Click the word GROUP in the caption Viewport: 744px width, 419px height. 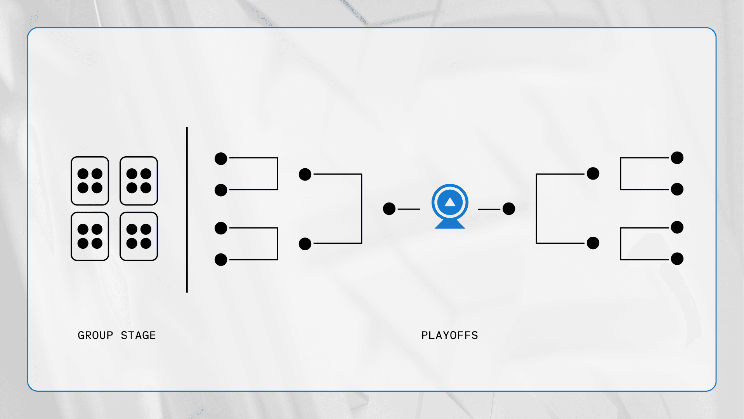click(x=95, y=335)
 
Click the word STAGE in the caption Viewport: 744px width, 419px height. click(x=138, y=335)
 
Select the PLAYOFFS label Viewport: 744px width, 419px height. click(x=450, y=335)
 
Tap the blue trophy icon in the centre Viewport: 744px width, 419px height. click(x=450, y=206)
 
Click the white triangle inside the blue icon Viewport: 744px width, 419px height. click(x=450, y=202)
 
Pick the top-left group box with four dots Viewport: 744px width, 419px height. click(x=90, y=181)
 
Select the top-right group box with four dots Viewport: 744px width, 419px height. click(x=139, y=181)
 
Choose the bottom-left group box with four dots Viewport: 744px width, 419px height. click(x=90, y=236)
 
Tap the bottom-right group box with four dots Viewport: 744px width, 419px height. click(x=139, y=236)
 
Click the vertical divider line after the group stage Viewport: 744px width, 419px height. click(x=187, y=209)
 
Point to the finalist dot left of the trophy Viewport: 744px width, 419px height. click(x=389, y=209)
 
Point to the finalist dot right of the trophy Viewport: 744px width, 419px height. click(x=509, y=209)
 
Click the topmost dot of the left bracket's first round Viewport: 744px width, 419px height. click(x=221, y=159)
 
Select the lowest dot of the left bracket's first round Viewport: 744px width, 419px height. click(x=221, y=259)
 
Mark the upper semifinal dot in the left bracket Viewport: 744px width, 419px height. click(x=305, y=174)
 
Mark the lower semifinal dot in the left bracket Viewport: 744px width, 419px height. click(x=305, y=244)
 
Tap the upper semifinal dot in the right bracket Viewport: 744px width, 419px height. click(x=593, y=173)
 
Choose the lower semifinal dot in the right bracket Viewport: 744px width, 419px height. click(x=593, y=243)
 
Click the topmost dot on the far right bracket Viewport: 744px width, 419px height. click(x=677, y=158)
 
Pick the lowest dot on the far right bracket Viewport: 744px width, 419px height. click(x=677, y=258)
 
